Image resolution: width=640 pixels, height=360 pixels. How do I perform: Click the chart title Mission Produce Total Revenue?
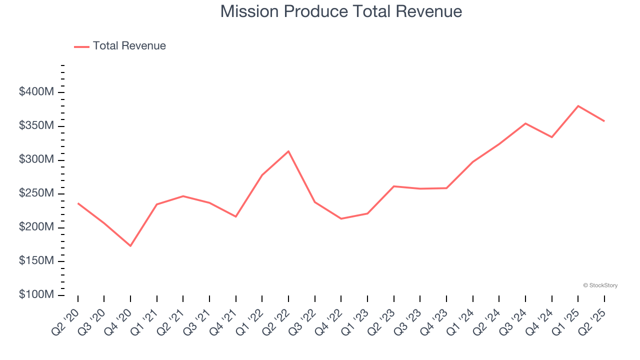(341, 11)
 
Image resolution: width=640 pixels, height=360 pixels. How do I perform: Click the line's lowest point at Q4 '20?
(130, 246)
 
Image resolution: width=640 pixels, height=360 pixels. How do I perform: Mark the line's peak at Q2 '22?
(288, 151)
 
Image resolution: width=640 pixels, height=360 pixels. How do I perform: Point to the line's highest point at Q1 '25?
(578, 106)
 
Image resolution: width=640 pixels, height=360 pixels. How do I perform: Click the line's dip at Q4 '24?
(551, 137)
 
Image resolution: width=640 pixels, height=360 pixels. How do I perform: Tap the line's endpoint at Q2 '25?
(604, 121)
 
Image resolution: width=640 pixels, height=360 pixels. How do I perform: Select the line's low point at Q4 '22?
(341, 218)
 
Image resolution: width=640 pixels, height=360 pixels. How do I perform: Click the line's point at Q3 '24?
(525, 123)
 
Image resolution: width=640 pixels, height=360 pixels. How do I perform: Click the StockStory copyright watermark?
(600, 285)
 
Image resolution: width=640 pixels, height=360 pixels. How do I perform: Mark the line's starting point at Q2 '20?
(78, 203)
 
